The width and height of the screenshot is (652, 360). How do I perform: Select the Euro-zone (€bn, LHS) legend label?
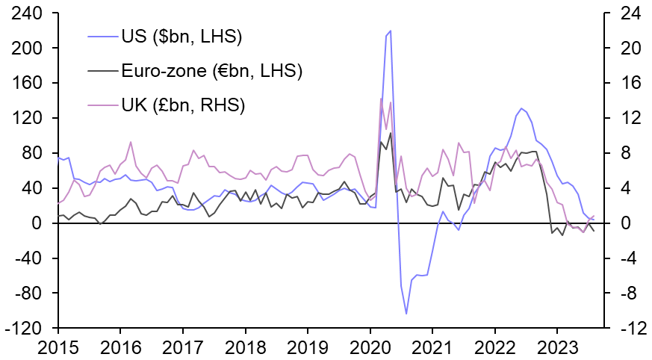[211, 71]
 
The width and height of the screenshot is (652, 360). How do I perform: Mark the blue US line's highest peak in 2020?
[391, 31]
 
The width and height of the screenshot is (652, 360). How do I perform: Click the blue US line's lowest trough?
[406, 314]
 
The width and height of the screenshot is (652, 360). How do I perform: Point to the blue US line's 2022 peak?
[521, 108]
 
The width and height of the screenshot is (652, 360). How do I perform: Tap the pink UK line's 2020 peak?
[381, 99]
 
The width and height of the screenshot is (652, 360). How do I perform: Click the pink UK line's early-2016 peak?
[131, 142]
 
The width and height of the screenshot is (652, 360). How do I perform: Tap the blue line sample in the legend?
[102, 36]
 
